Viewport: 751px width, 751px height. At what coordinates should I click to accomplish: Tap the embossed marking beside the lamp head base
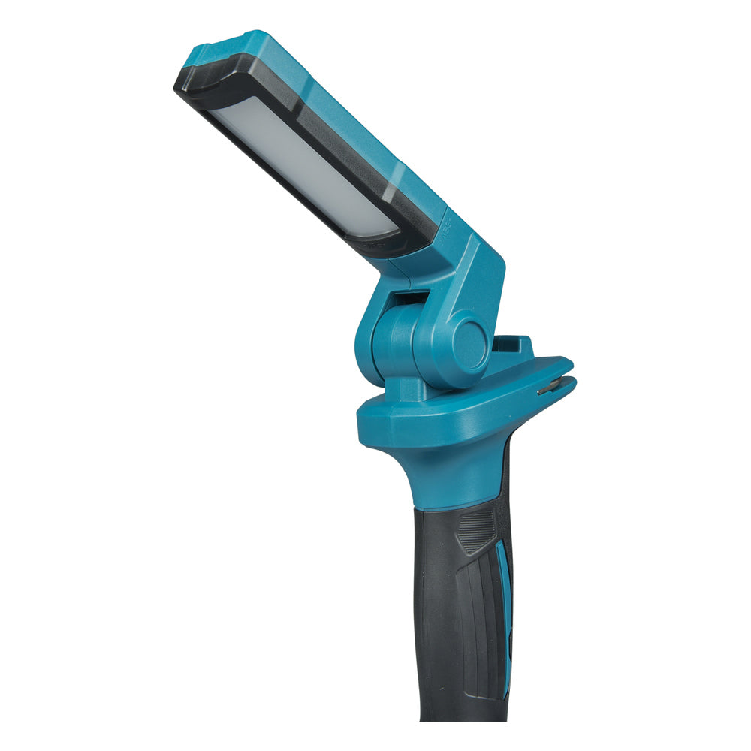[445, 225]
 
